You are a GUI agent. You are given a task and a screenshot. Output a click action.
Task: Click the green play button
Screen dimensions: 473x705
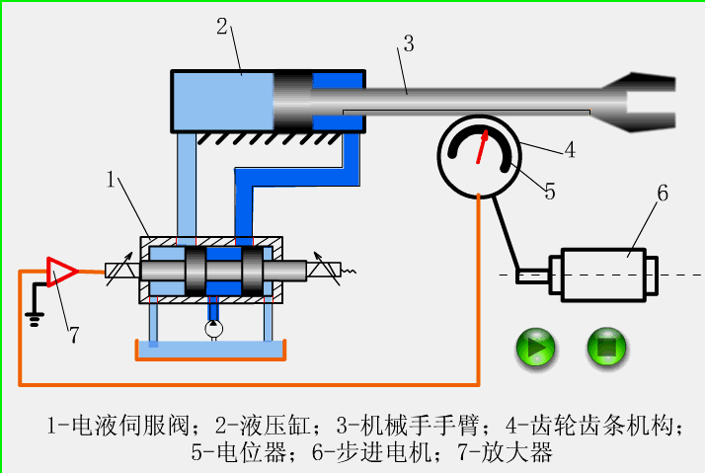(536, 347)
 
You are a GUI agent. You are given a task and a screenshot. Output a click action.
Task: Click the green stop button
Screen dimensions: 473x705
(608, 347)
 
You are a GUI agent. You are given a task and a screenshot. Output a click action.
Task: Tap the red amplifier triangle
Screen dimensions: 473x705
(61, 270)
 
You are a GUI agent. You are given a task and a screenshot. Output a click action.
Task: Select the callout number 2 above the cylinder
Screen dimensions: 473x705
(223, 27)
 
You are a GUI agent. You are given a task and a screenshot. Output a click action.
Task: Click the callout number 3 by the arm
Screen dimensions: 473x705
(408, 43)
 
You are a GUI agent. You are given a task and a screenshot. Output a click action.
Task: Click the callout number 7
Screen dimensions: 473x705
(73, 336)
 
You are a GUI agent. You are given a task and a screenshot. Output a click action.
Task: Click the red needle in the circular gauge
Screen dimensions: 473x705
(483, 146)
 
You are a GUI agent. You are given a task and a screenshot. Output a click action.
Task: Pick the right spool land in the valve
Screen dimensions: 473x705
(256, 270)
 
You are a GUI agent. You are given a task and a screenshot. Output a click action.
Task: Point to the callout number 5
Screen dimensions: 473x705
(549, 192)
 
